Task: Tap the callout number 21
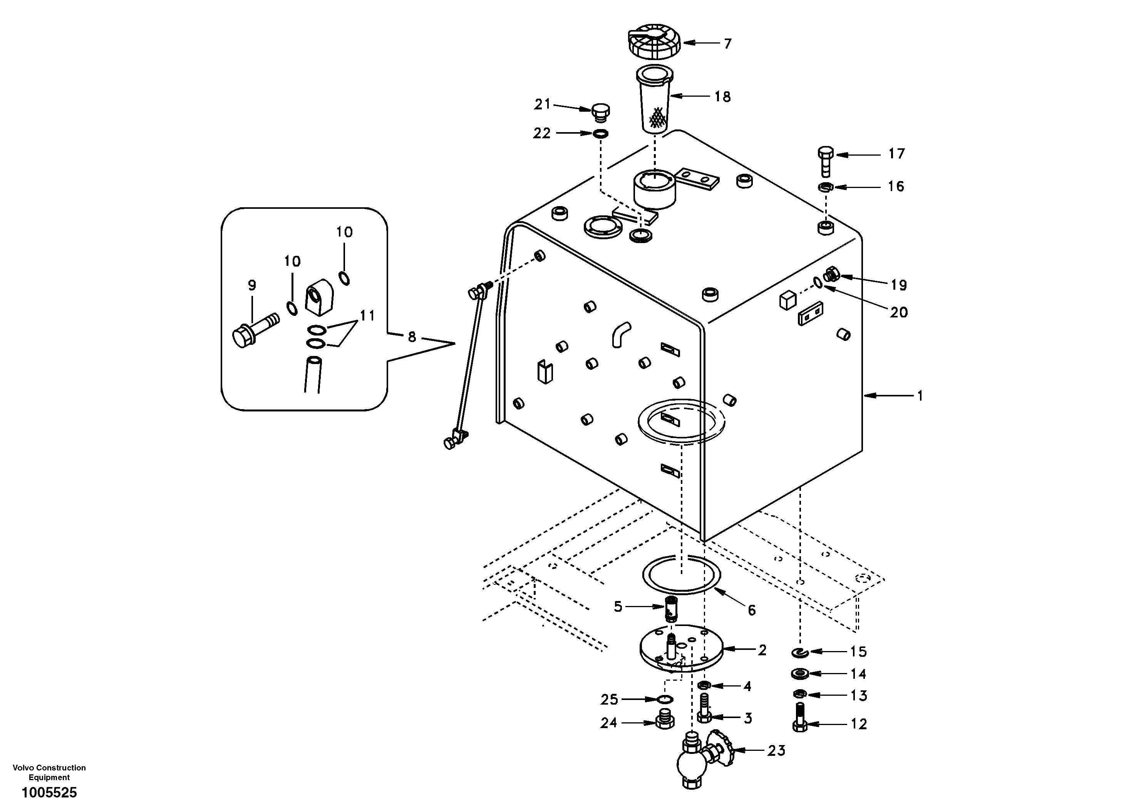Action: (542, 104)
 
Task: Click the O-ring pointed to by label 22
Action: (600, 134)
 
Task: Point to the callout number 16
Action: (896, 187)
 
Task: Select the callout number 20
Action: (898, 312)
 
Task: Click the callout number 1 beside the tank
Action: (920, 396)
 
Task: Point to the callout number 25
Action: (609, 700)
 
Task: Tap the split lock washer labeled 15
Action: (800, 653)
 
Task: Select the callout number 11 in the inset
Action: (367, 316)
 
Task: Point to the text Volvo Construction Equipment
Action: (49, 772)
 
